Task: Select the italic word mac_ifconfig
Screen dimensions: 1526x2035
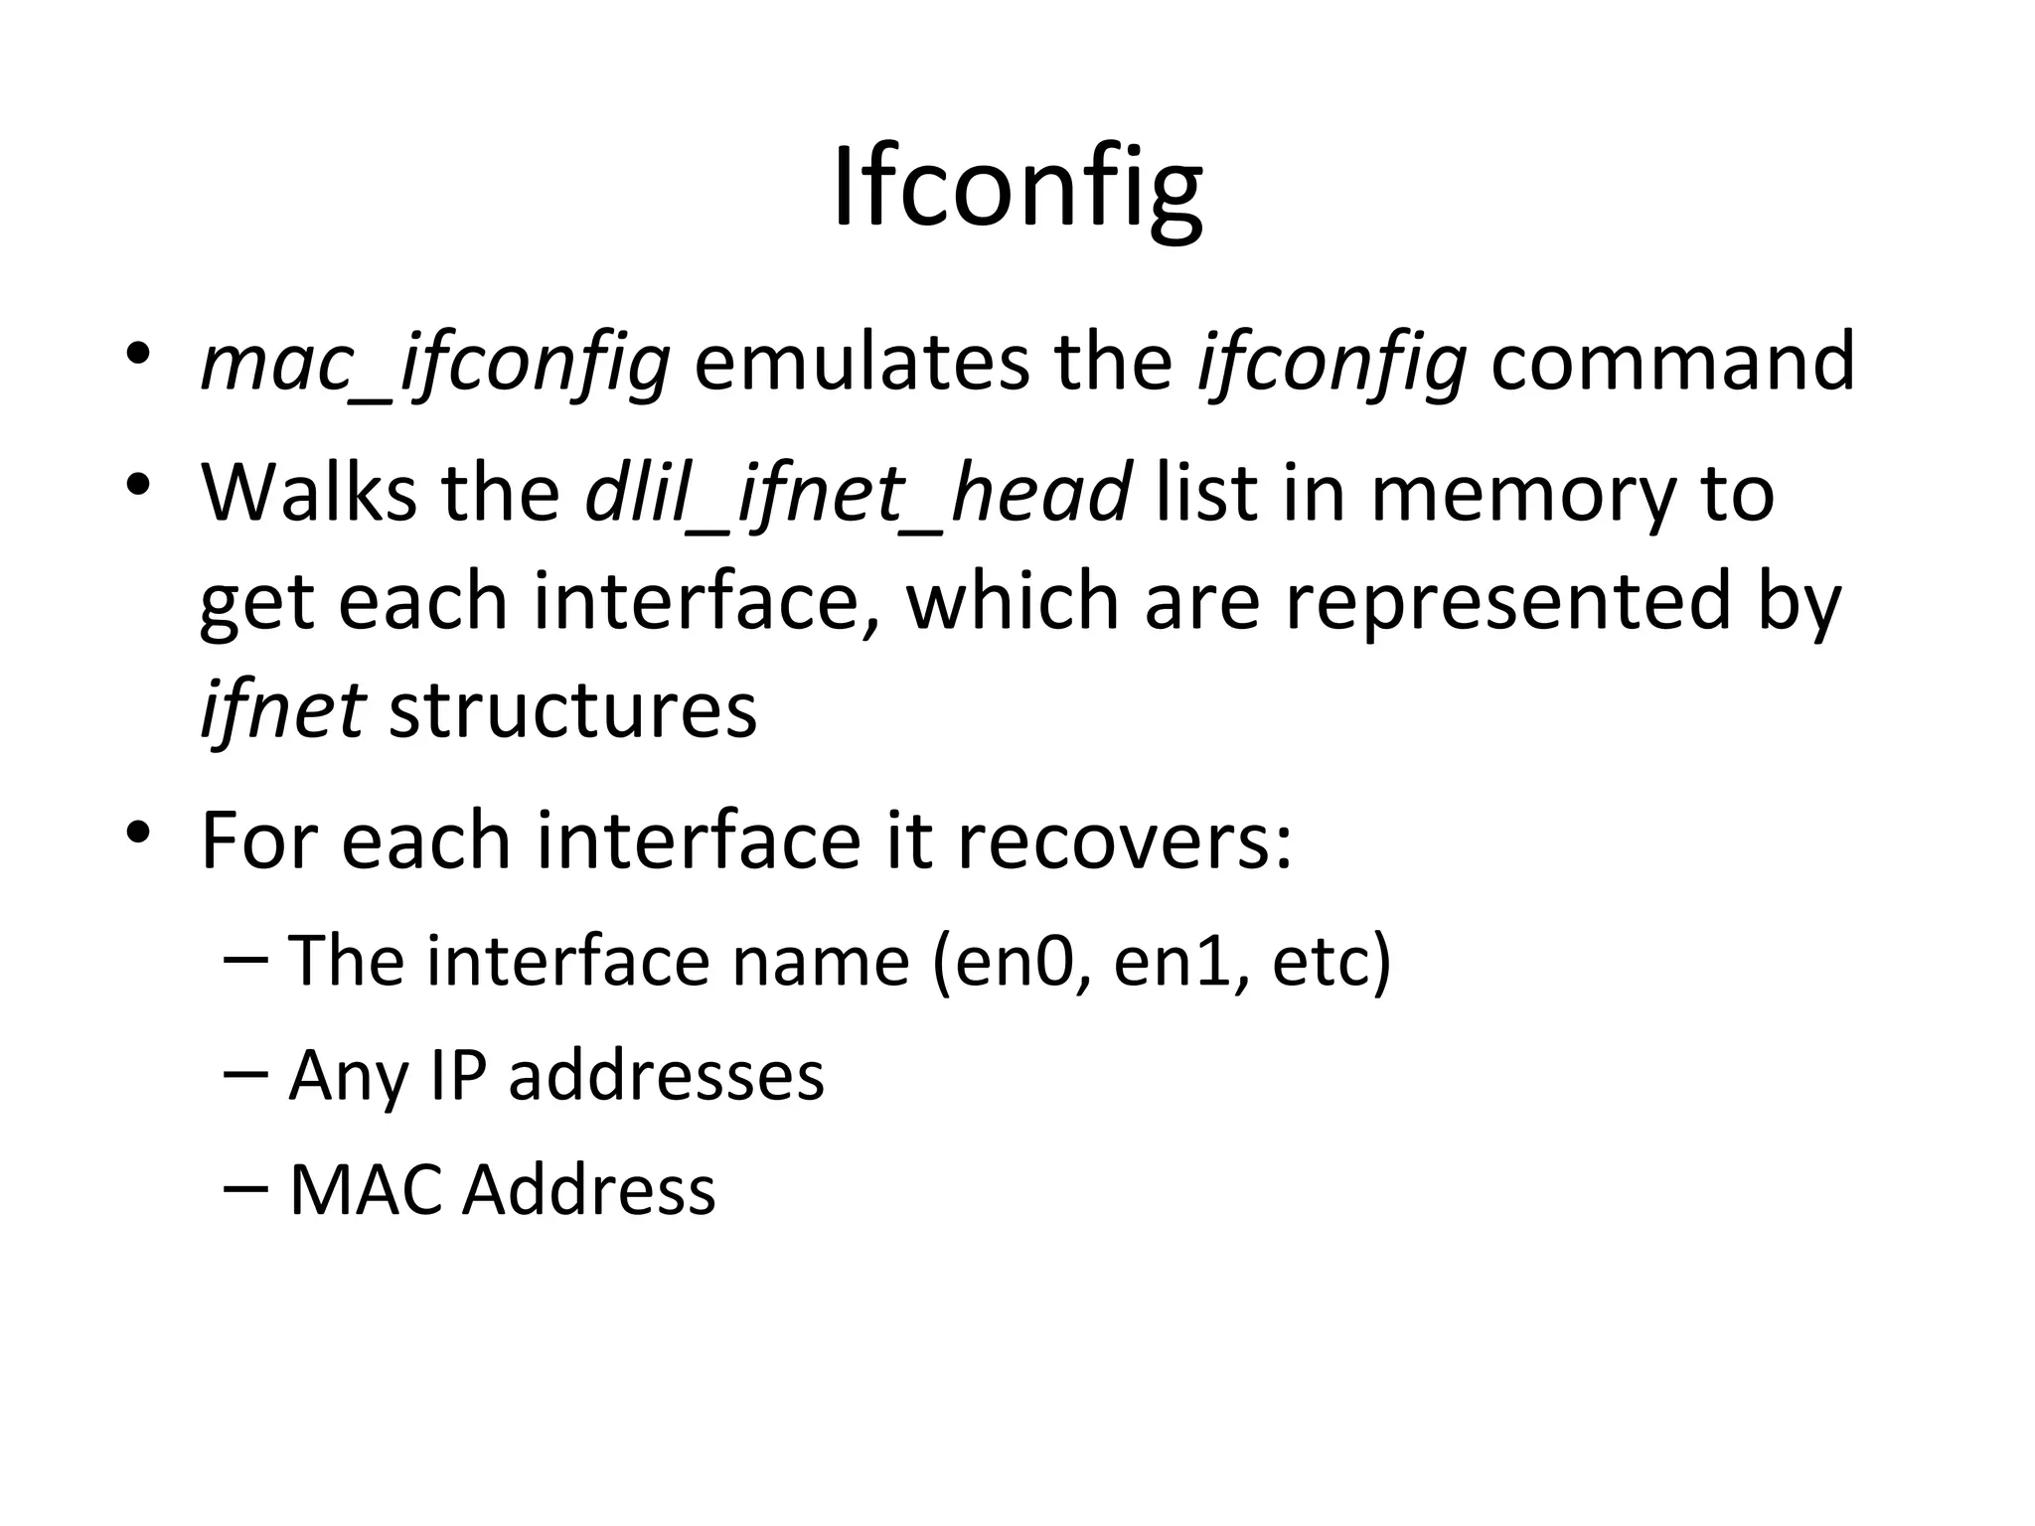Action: coord(435,364)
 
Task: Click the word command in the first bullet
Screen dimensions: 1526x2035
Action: coord(1672,362)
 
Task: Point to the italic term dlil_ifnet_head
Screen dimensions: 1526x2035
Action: coord(858,494)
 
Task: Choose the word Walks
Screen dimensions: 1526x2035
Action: coord(308,493)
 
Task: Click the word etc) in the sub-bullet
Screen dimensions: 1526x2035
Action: coord(1331,962)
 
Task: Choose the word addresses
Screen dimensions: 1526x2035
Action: coord(666,1075)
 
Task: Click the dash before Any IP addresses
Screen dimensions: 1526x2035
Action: coord(246,1073)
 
